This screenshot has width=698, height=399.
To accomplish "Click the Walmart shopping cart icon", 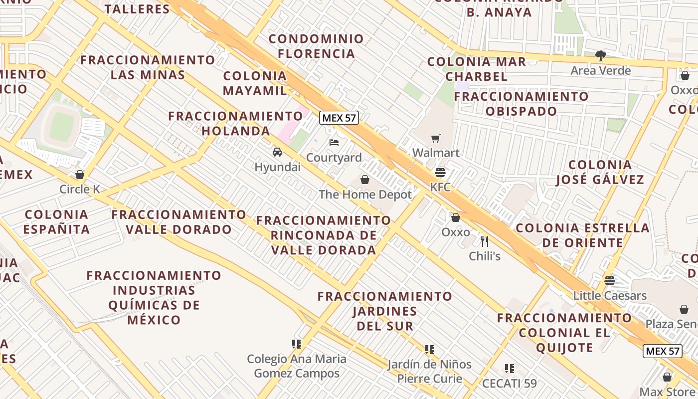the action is pyautogui.click(x=436, y=138).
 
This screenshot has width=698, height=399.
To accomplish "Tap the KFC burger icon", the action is pyautogui.click(x=440, y=173).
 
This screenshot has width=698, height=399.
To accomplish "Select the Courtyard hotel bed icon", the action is pyautogui.click(x=334, y=143).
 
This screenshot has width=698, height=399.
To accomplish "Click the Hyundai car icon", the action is pyautogui.click(x=277, y=152).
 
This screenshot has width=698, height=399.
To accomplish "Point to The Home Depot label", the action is pyautogui.click(x=365, y=195).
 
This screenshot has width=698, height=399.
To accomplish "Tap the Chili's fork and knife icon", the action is pyautogui.click(x=485, y=241).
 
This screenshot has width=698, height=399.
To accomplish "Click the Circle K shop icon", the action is pyautogui.click(x=79, y=175).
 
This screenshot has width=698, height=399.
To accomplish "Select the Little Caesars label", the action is pyautogui.click(x=610, y=295).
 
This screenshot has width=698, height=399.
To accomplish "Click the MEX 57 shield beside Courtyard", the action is pyautogui.click(x=339, y=118).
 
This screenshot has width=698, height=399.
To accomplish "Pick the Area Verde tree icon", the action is pyautogui.click(x=601, y=55).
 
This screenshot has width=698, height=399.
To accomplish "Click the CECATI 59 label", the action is pyautogui.click(x=509, y=383).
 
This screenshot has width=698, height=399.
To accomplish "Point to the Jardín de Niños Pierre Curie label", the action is pyautogui.click(x=429, y=371).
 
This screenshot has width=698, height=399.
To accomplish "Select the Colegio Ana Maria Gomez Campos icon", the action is pyautogui.click(x=297, y=344).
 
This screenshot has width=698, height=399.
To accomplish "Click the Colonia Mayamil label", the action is pyautogui.click(x=255, y=83).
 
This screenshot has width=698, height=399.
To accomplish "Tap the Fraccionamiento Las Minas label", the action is pyautogui.click(x=148, y=67).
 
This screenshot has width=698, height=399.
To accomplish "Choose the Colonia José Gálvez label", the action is pyautogui.click(x=600, y=172).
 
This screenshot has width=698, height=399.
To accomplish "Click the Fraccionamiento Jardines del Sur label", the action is pyautogui.click(x=385, y=311).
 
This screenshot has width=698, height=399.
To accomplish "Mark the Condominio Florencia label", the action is pyautogui.click(x=317, y=46).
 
